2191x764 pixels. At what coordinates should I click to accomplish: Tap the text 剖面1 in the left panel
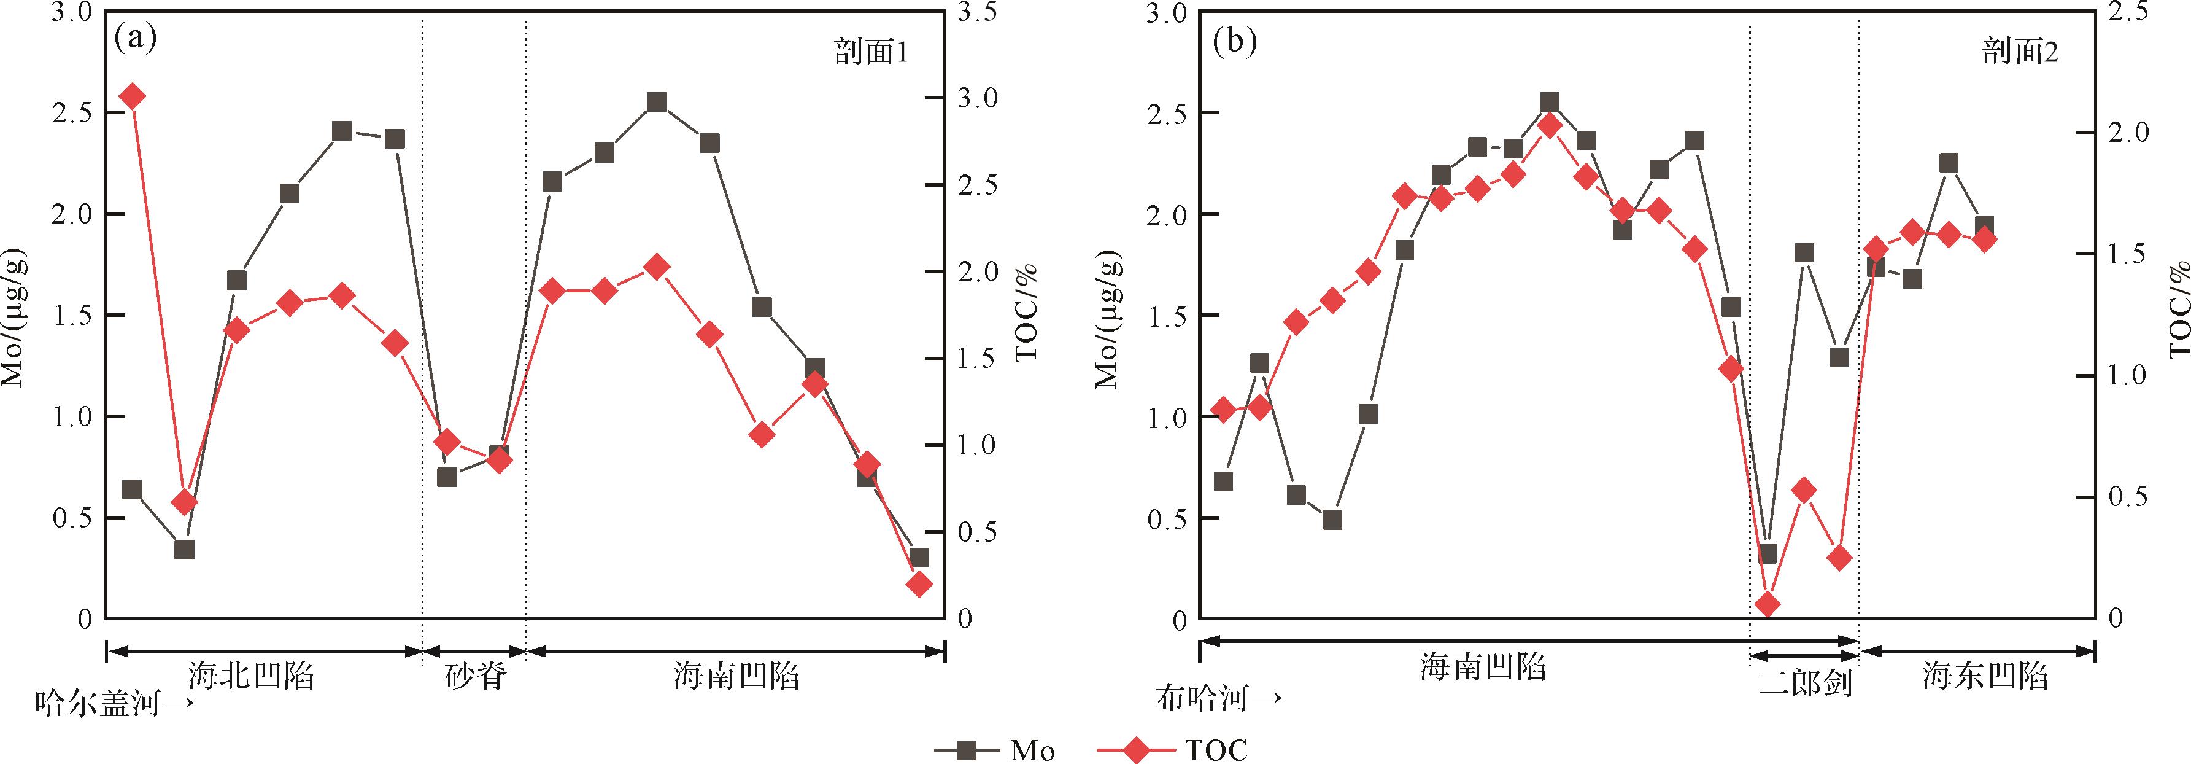(x=869, y=53)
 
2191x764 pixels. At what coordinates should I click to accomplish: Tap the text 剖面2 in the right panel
(x=2020, y=53)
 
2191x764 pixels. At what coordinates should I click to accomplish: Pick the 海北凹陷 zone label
(x=252, y=676)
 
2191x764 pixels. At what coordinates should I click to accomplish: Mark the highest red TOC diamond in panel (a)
(x=132, y=97)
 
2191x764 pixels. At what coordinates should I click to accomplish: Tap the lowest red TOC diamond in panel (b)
(x=1768, y=605)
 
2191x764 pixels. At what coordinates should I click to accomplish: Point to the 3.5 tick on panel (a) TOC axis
(x=979, y=14)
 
